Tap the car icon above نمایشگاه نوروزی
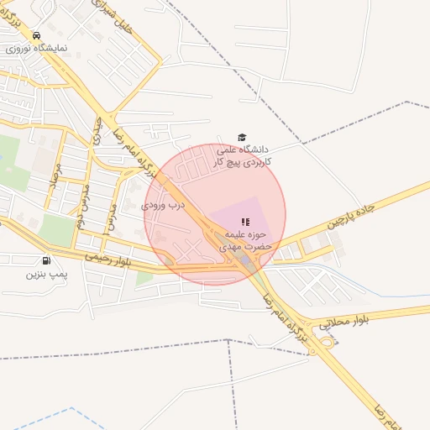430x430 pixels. click(36, 35)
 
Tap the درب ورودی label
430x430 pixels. click(162, 204)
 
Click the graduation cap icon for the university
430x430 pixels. click(242, 137)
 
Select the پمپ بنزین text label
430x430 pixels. click(45, 274)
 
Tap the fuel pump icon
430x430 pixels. click(45, 260)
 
